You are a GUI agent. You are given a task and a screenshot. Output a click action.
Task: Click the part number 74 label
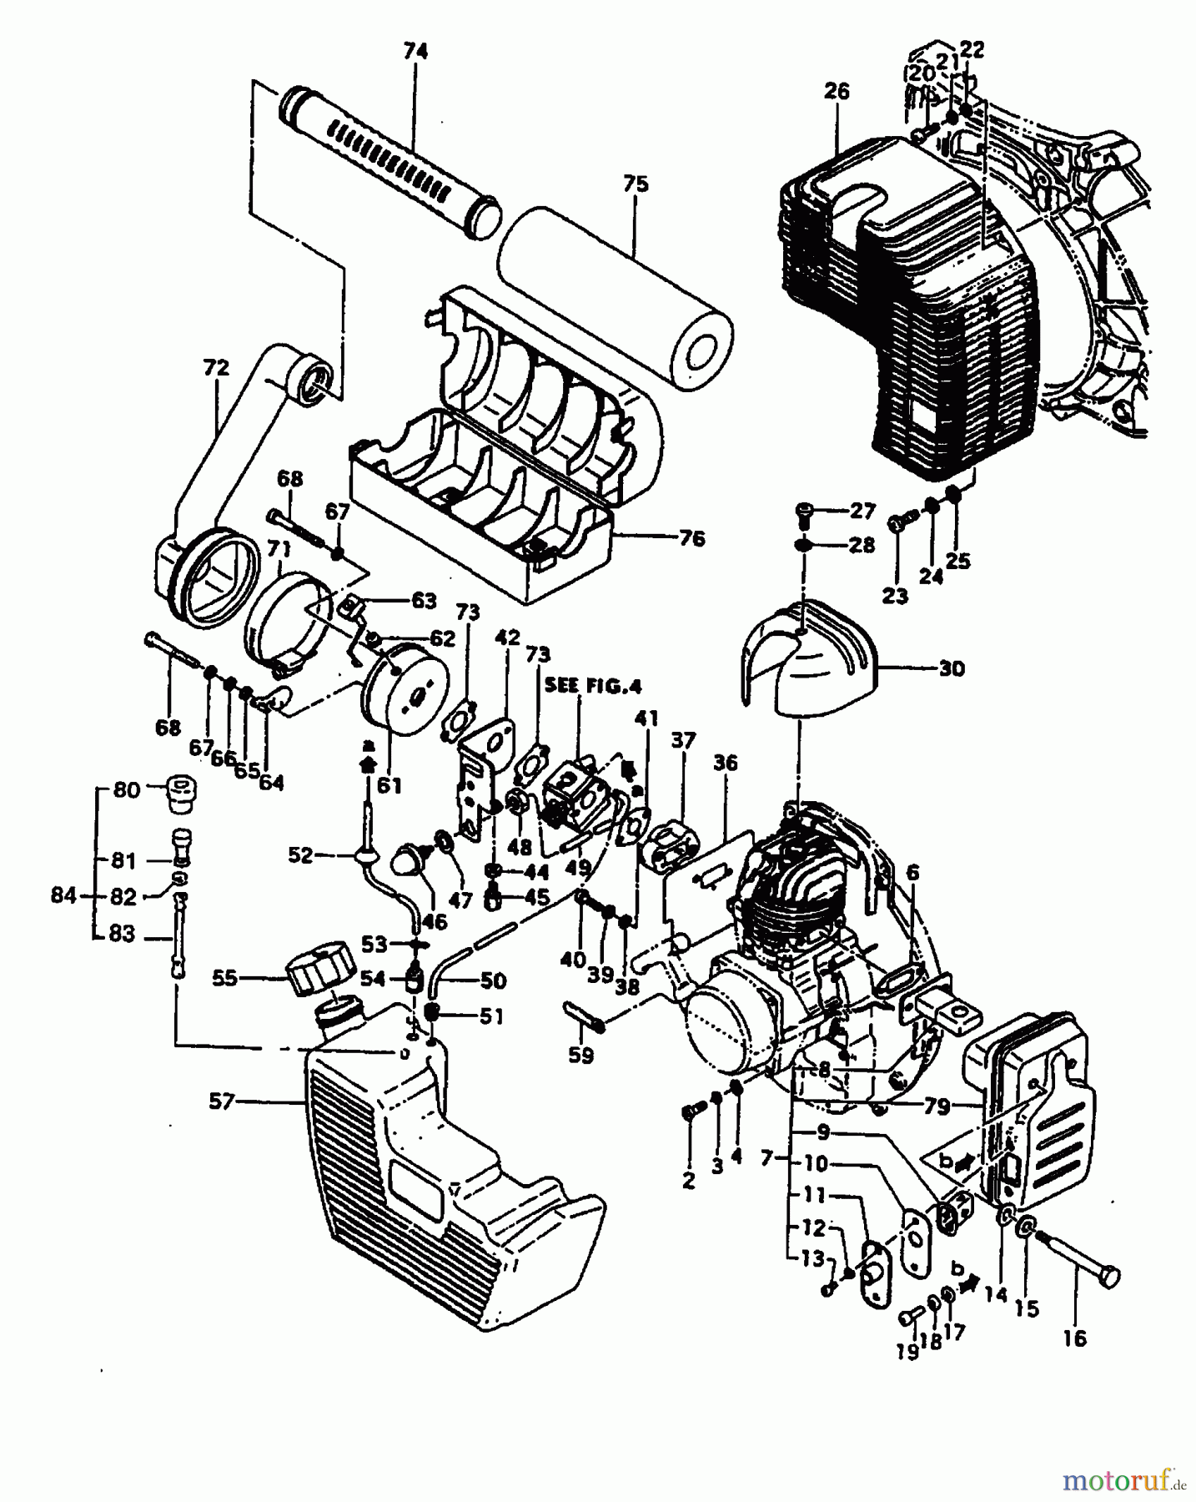point(415,53)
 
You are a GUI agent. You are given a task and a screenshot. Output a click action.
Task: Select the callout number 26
point(836,91)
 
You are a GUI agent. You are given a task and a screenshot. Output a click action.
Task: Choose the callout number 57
point(223,1102)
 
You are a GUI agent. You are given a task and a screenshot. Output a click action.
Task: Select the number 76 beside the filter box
point(691,538)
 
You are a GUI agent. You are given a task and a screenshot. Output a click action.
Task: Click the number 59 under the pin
point(580,1055)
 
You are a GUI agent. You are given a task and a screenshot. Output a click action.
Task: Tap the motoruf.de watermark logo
point(1123,1480)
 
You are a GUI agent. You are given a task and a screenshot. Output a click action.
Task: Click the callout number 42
point(507,639)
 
